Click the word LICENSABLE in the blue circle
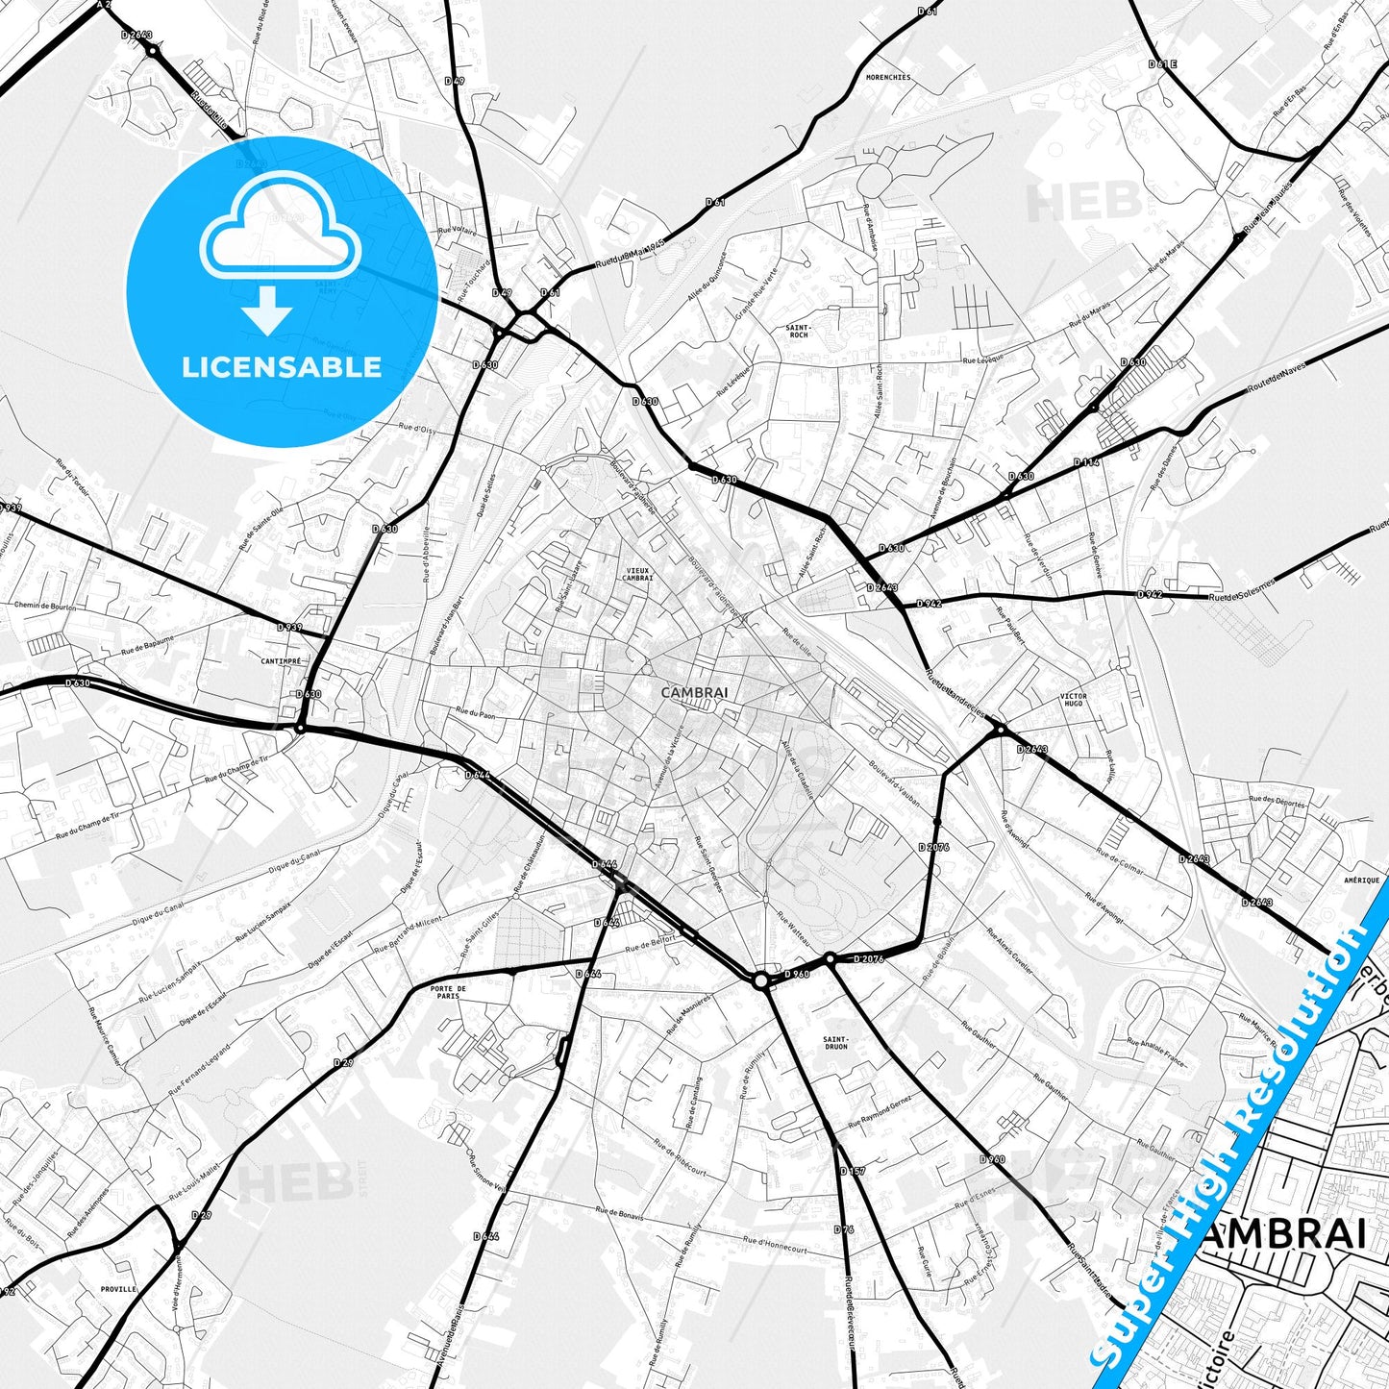[282, 367]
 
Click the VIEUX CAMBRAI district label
[637, 574]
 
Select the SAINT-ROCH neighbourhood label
[797, 331]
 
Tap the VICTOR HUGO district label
[1073, 700]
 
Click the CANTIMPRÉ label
[282, 661]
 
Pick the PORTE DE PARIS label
[448, 992]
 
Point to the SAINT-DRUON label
[835, 1044]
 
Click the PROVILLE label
[118, 1289]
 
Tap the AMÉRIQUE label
[1362, 880]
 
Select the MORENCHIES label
[887, 77]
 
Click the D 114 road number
[1086, 462]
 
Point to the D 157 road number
[852, 1171]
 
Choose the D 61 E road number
[1162, 63]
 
